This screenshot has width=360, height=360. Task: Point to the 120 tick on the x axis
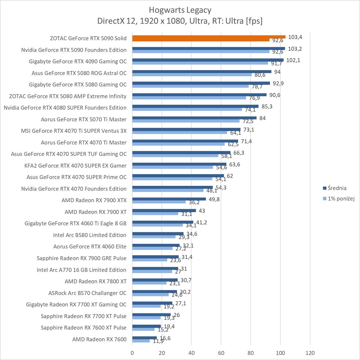click(310, 353)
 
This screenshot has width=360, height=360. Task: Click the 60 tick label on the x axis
click(221, 353)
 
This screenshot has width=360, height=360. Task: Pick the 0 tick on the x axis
click(132, 353)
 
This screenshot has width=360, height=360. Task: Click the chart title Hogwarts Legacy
click(180, 10)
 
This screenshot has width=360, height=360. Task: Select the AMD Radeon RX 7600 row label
click(99, 339)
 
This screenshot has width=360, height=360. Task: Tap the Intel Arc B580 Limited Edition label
click(90, 235)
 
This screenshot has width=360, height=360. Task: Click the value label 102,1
click(293, 60)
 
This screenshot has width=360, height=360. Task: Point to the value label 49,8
click(214, 199)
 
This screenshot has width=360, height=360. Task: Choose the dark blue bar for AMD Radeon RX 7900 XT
click(164, 211)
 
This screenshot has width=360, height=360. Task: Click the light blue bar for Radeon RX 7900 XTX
click(159, 202)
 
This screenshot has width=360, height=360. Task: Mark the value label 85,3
click(266, 106)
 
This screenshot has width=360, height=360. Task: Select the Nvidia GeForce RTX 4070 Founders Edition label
click(74, 189)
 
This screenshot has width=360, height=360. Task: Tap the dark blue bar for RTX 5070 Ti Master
click(194, 118)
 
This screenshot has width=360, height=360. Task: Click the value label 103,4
click(295, 37)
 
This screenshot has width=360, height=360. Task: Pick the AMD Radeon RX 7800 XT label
click(96, 281)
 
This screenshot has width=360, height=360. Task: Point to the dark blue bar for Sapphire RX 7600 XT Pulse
click(146, 326)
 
